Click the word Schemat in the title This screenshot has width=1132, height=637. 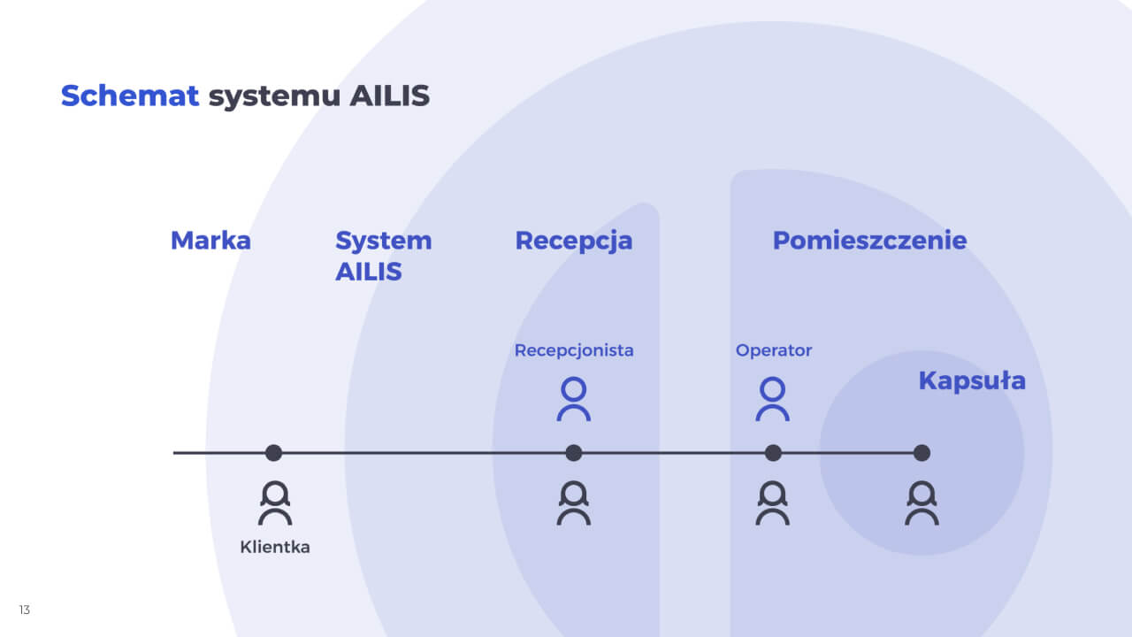point(129,96)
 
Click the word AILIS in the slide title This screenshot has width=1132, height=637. point(389,96)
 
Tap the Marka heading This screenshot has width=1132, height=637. point(210,240)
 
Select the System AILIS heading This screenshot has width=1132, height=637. point(383,256)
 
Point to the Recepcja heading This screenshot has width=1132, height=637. point(573,240)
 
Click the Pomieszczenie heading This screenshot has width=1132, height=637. point(869,240)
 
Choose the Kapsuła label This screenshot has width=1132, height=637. point(972,380)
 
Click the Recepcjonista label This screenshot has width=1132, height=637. point(574,350)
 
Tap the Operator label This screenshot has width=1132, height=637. point(774,350)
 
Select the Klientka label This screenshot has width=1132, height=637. point(275,547)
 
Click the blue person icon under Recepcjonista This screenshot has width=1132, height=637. point(574,399)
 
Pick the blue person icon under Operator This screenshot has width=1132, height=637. point(773,399)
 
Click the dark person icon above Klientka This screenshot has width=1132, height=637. point(275,503)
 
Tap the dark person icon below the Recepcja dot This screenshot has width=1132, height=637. point(574,503)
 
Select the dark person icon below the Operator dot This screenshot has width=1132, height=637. point(773,503)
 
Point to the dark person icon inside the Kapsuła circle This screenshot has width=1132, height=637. point(922,503)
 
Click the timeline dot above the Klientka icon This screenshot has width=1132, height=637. point(273,453)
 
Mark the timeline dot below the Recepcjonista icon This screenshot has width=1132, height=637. point(574,453)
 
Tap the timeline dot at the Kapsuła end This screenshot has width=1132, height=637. point(922,453)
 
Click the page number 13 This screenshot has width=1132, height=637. point(24,610)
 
